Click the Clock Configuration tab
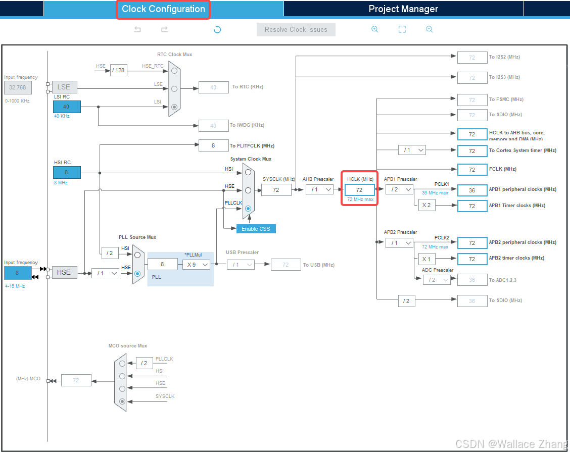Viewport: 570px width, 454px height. point(163,9)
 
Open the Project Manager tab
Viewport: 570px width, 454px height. point(403,9)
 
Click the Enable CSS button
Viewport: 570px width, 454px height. point(256,229)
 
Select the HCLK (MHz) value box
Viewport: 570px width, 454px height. point(359,190)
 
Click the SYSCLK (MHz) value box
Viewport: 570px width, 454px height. point(276,190)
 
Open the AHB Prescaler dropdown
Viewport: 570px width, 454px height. point(319,189)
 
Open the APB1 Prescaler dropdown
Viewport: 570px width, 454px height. point(399,189)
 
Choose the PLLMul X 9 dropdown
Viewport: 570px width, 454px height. point(196,264)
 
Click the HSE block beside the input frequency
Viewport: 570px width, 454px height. point(64,272)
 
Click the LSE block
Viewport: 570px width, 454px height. point(64,87)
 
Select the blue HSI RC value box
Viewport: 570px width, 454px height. point(66,172)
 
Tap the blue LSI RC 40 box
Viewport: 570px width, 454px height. point(66,107)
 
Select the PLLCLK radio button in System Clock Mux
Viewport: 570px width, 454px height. point(248,208)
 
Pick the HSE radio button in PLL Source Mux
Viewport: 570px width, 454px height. point(137,273)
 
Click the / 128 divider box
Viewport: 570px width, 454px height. point(119,70)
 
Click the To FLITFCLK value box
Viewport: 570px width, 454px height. point(213,145)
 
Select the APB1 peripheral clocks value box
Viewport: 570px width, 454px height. point(472,190)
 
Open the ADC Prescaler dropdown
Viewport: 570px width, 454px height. point(436,280)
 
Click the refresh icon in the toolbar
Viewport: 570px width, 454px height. point(217,29)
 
